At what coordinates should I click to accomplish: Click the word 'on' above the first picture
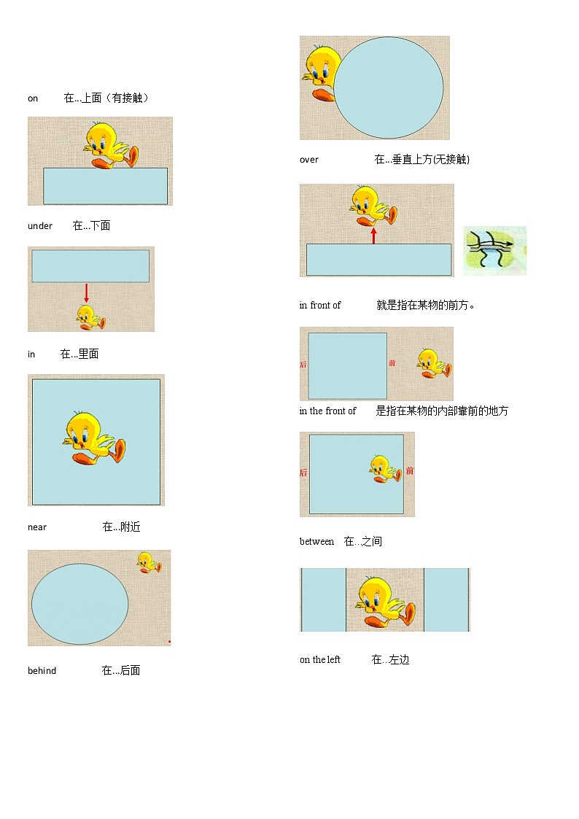pyautogui.click(x=33, y=98)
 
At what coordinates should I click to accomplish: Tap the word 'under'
pyautogui.click(x=40, y=226)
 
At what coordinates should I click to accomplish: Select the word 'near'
pyautogui.click(x=37, y=527)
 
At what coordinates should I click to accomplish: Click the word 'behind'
pyautogui.click(x=42, y=671)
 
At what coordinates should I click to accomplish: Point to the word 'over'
pyautogui.click(x=309, y=160)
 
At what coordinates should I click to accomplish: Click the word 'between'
pyautogui.click(x=316, y=542)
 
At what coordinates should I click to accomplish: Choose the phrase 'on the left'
pyautogui.click(x=320, y=660)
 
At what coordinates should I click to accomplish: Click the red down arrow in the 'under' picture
pyautogui.click(x=86, y=293)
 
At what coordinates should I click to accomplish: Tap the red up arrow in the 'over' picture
pyautogui.click(x=373, y=235)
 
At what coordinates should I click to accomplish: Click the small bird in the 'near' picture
pyautogui.click(x=149, y=562)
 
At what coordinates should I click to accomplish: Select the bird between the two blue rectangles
pyautogui.click(x=385, y=601)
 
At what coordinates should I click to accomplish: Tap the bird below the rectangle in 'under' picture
pyautogui.click(x=90, y=317)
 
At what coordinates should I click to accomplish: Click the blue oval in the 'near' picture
pyautogui.click(x=80, y=604)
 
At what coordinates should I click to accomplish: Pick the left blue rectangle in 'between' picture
pyautogui.click(x=324, y=599)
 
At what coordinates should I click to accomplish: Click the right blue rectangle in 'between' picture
pyautogui.click(x=446, y=599)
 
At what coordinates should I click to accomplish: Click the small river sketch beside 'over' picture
pyautogui.click(x=494, y=250)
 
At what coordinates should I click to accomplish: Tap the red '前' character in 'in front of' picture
pyautogui.click(x=392, y=363)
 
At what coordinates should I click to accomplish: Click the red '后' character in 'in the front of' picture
pyautogui.click(x=303, y=473)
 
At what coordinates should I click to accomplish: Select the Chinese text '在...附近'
pyautogui.click(x=121, y=527)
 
